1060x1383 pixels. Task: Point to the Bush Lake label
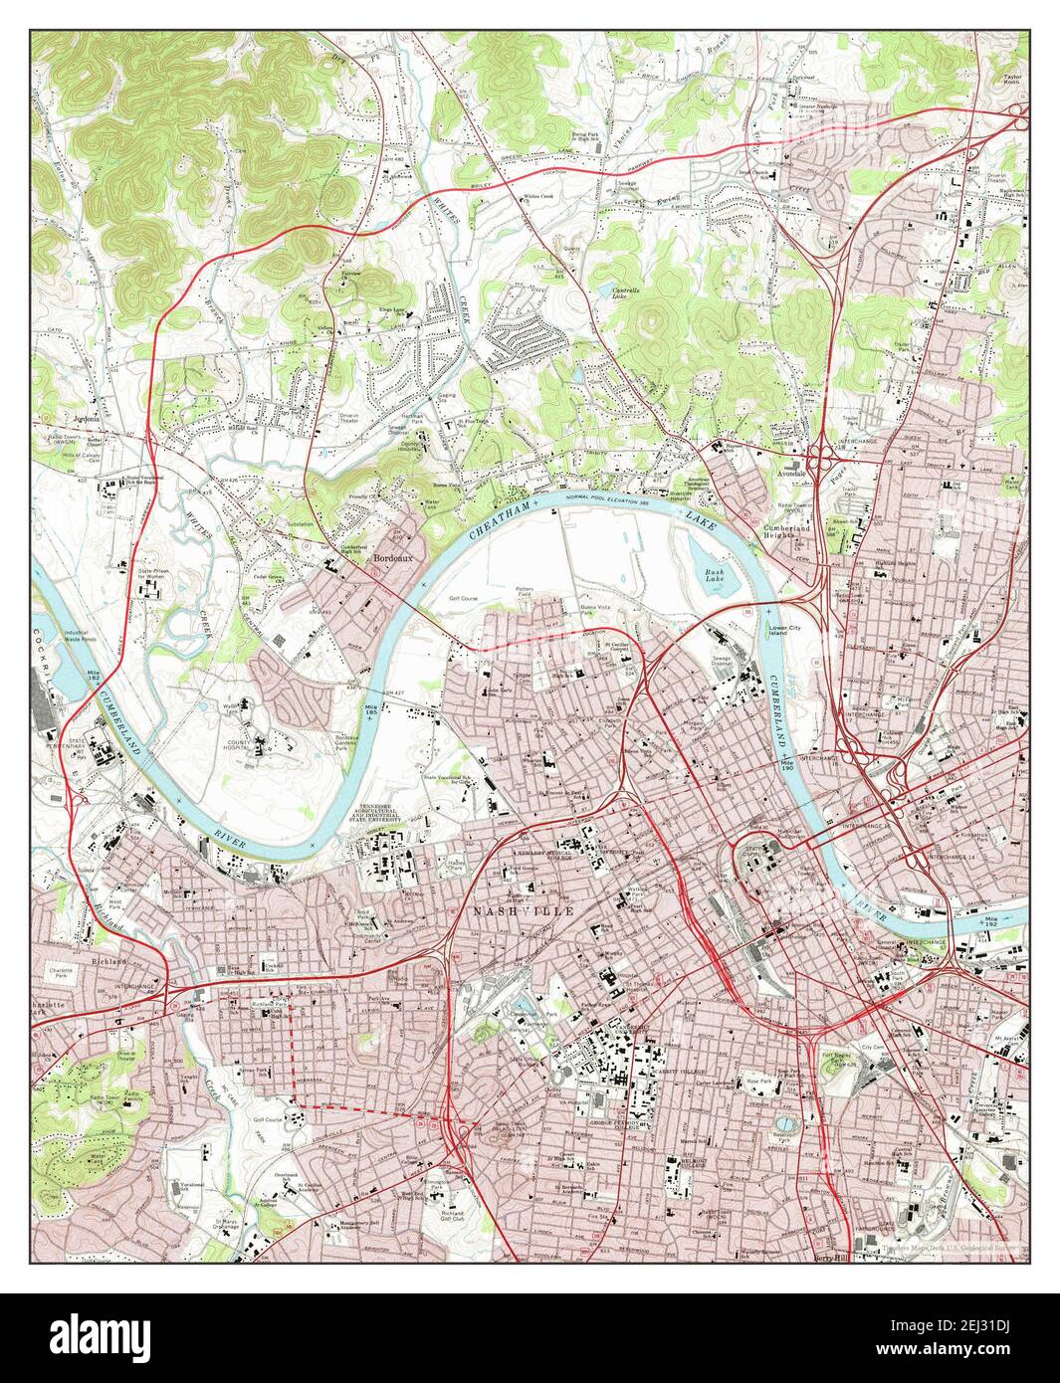pyautogui.click(x=715, y=577)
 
